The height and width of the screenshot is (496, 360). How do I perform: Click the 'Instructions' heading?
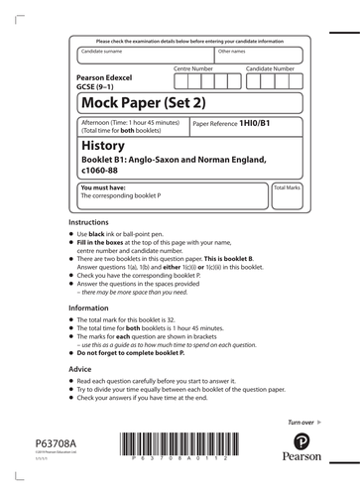88,224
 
